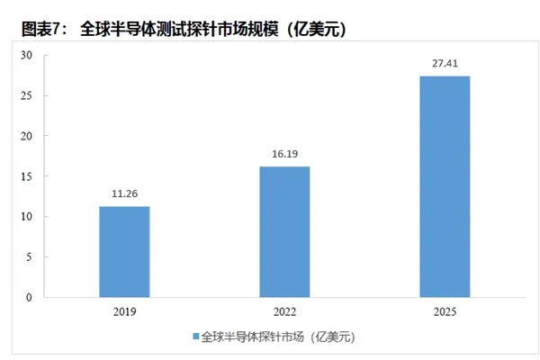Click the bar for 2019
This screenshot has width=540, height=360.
click(x=124, y=252)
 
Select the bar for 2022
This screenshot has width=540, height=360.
click(x=284, y=231)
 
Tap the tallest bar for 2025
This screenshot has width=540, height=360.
click(x=445, y=186)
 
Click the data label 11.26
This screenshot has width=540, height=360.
click(x=124, y=193)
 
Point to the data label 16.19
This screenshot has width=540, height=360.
click(x=284, y=154)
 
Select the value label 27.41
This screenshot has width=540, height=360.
click(x=445, y=63)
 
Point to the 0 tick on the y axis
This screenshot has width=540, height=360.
click(x=30, y=297)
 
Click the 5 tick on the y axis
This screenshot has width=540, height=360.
click(x=30, y=256)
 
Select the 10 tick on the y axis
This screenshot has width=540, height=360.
click(x=27, y=217)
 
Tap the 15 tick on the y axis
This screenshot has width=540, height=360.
click(x=27, y=176)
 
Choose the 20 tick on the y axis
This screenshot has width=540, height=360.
click(x=27, y=136)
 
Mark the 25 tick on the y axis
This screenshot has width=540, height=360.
click(x=27, y=95)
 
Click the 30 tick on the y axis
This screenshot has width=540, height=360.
click(x=27, y=56)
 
